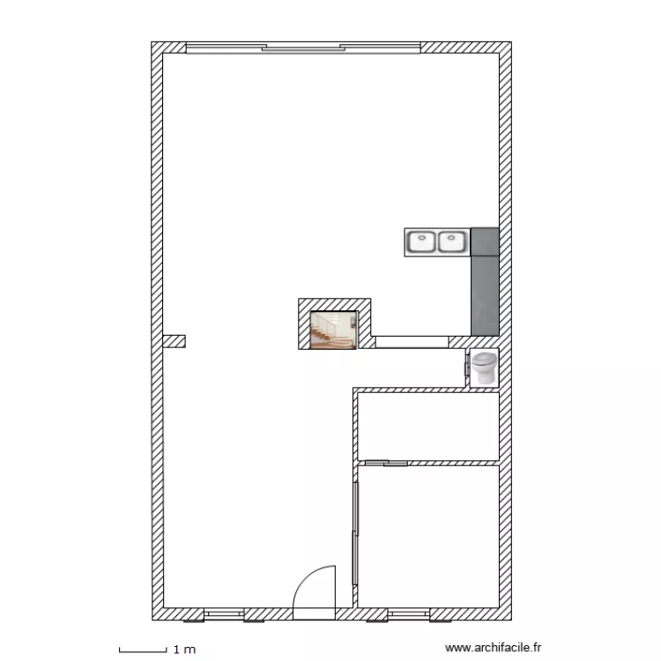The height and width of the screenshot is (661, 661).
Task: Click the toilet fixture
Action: (x=484, y=368)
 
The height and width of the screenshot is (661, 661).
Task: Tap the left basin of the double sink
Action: (x=421, y=242)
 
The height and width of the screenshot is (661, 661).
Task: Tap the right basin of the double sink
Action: (x=452, y=242)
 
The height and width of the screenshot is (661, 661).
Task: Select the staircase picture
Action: (x=333, y=330)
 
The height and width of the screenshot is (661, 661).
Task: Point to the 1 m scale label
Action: (x=185, y=650)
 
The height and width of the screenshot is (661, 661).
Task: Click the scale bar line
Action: (x=143, y=651)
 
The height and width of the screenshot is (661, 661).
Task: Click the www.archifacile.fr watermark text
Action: (x=493, y=648)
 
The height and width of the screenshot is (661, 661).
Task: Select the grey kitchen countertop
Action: (x=485, y=282)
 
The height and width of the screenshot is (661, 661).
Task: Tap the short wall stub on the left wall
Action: (x=175, y=341)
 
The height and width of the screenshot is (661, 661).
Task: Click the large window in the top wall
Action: (x=303, y=48)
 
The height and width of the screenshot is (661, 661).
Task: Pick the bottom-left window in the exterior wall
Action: (x=224, y=614)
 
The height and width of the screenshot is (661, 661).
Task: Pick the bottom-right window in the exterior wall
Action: (x=408, y=614)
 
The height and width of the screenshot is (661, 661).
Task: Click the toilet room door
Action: (x=467, y=364)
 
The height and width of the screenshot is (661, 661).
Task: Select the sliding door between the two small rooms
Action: (x=386, y=464)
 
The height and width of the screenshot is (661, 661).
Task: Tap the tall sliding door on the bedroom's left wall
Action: (x=355, y=533)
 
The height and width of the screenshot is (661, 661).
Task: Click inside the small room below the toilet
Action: (x=428, y=427)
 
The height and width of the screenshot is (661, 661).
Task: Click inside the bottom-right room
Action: (x=428, y=536)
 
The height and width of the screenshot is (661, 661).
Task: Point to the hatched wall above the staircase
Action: (x=334, y=305)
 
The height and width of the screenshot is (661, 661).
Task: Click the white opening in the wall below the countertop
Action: (x=412, y=342)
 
